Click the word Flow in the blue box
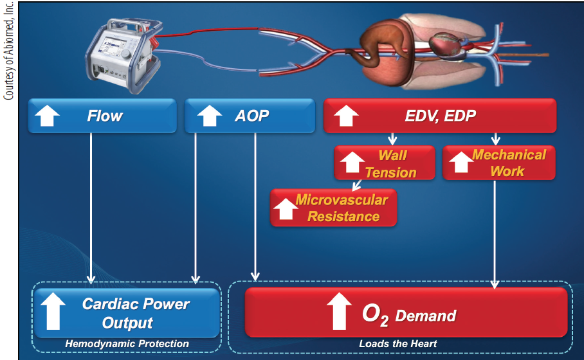point(105,116)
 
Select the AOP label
point(251,116)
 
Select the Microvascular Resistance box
point(334,208)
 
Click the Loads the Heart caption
point(397,344)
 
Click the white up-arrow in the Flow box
point(47,116)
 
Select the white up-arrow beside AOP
point(207,116)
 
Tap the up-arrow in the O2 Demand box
point(339,312)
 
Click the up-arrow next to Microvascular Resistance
point(284,209)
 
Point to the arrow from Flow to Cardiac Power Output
point(91,206)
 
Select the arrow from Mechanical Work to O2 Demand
point(494,231)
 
